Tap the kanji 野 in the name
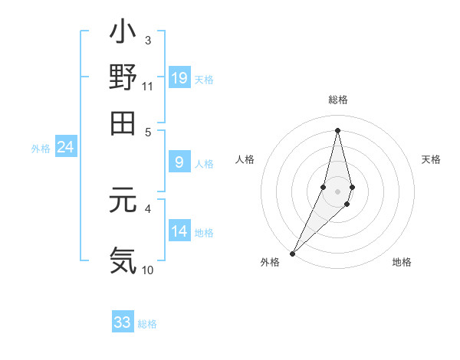123,77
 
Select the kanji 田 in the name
123,122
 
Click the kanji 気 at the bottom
123,260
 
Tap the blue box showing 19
179,77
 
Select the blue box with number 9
179,162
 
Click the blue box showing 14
179,231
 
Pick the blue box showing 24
66,147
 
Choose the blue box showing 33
123,322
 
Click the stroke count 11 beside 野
147,87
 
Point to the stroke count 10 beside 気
147,270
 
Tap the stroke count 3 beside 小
147,40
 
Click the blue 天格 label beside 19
204,79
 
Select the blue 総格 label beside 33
147,324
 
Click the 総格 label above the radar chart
337,100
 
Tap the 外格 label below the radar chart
270,262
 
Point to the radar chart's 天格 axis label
431,159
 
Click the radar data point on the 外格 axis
292,253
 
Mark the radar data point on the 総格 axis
337,130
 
